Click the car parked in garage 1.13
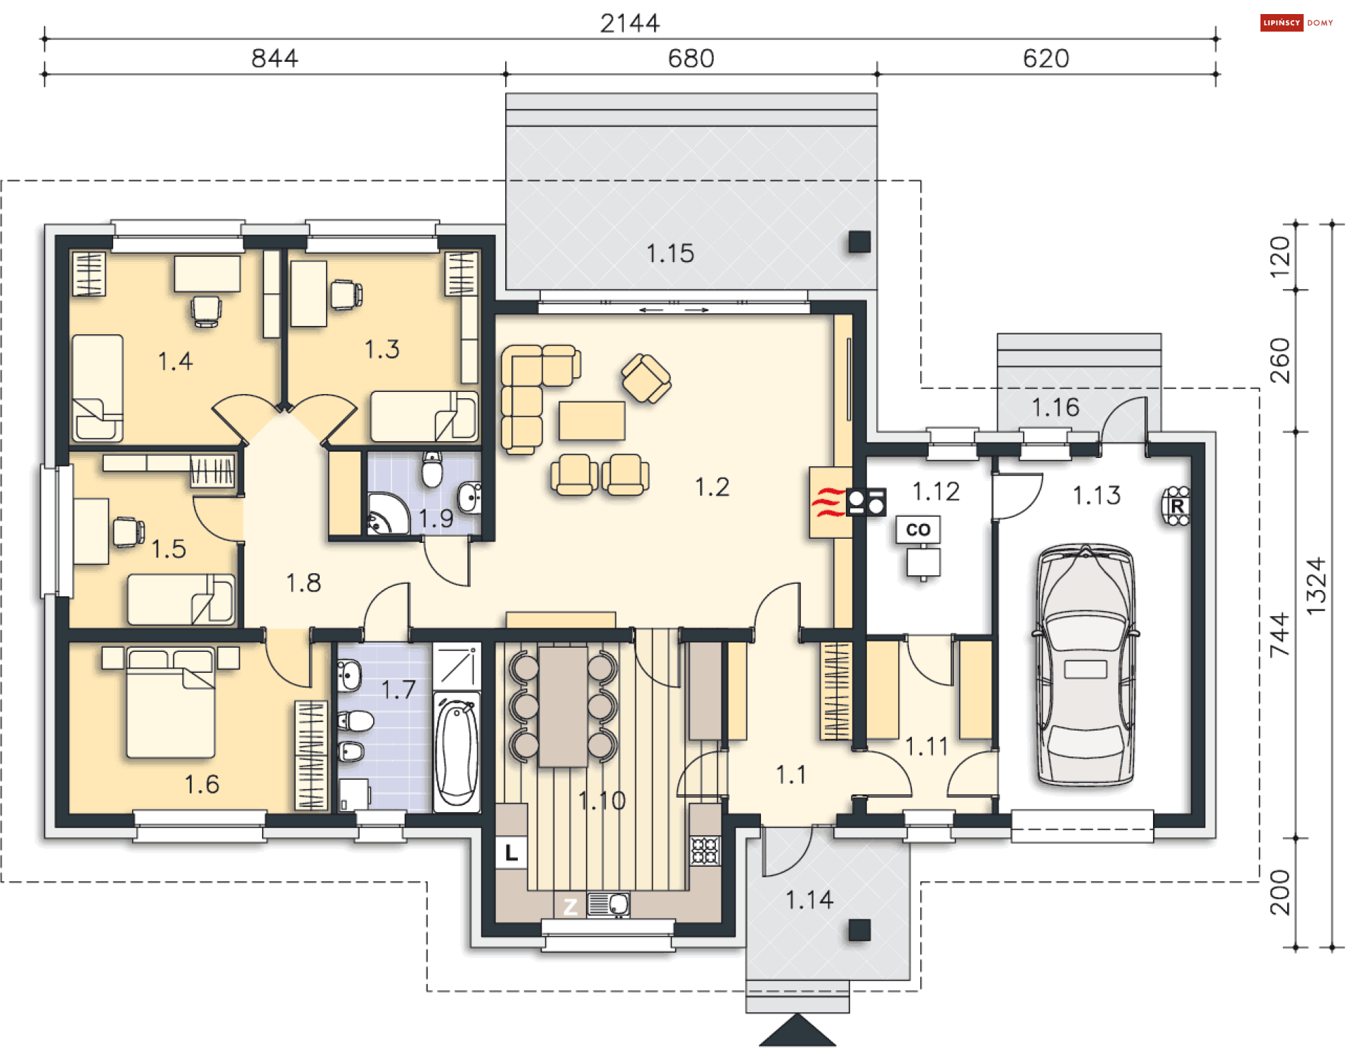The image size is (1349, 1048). (x=1086, y=664)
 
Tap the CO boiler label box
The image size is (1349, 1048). (x=918, y=530)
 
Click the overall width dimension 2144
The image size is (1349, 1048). (x=630, y=23)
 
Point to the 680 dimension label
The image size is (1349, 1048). (x=691, y=58)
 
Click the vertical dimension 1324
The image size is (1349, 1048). (x=1315, y=587)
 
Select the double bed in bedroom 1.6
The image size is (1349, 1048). (x=170, y=703)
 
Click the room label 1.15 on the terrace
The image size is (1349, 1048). (x=670, y=254)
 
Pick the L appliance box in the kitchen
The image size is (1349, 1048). (x=511, y=853)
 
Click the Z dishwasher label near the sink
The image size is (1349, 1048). (x=570, y=906)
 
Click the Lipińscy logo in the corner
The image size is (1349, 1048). (x=1296, y=22)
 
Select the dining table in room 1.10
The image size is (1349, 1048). (x=563, y=707)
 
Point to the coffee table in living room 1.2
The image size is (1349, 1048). (x=592, y=421)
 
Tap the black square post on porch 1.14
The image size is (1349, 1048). (x=859, y=930)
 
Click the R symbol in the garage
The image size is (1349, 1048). (x=1177, y=506)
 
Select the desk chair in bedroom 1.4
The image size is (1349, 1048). (x=207, y=311)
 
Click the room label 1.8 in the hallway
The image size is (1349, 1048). (x=303, y=583)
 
